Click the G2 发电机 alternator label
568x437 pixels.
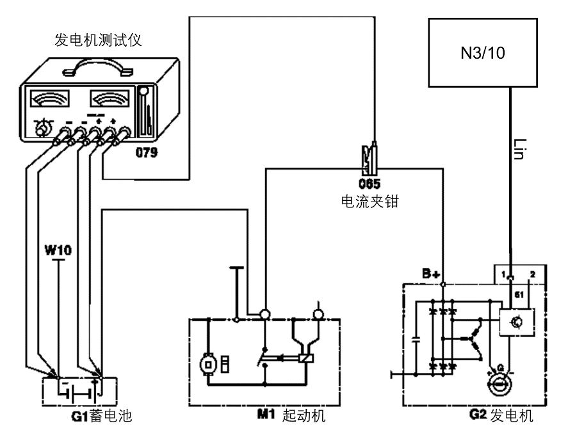pos(501,417)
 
